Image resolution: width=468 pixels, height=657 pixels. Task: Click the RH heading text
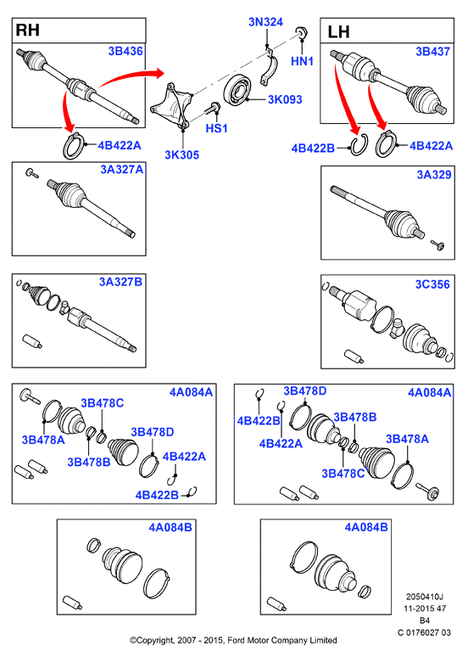[x=28, y=31]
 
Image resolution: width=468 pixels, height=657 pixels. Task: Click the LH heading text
[x=338, y=32]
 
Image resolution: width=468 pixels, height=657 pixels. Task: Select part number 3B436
[x=125, y=51]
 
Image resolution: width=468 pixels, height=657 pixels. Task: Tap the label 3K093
[x=285, y=99]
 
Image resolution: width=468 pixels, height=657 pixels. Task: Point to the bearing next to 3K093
[x=237, y=90]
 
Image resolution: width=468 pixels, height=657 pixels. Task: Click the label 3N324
[x=266, y=22]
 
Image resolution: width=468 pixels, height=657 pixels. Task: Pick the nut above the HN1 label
[x=301, y=32]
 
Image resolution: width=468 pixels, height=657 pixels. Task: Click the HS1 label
[x=216, y=128]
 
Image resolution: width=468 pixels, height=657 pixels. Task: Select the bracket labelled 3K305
[x=171, y=105]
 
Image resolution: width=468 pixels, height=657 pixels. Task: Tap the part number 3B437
[x=433, y=52]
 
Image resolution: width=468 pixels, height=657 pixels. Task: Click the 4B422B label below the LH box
[x=313, y=149]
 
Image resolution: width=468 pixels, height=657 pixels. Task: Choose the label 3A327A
[x=122, y=169]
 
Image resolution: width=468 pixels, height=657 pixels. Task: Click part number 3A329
[x=434, y=174]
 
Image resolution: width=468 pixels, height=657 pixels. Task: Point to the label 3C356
[x=432, y=284]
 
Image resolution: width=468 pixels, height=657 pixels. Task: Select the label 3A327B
[x=120, y=282]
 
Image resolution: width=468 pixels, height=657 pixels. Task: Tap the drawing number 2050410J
[x=425, y=596]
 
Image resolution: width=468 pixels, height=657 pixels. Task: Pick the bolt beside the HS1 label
[x=213, y=108]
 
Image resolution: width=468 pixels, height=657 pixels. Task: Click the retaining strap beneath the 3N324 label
[x=269, y=67]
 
